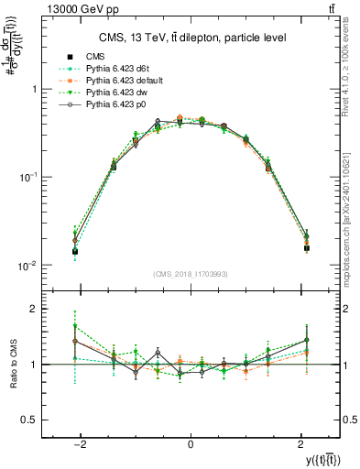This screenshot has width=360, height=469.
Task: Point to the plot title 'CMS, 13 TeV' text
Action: pos(190,38)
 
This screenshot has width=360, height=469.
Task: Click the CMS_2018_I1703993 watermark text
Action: pos(190,274)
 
